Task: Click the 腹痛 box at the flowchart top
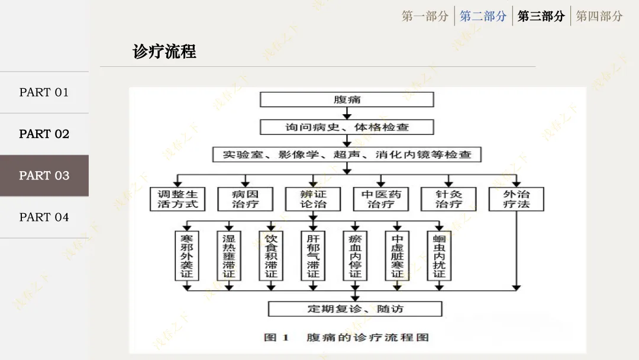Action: [x=347, y=99]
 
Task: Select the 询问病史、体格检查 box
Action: [x=347, y=127]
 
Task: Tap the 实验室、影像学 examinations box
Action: [x=347, y=155]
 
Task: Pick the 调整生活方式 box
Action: [x=177, y=199]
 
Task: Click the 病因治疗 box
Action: [x=246, y=199]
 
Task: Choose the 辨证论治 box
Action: [x=313, y=199]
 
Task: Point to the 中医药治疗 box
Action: [x=381, y=199]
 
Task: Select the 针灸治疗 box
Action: [x=448, y=199]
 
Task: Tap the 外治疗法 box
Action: [x=516, y=199]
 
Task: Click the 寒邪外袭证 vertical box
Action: [x=187, y=256]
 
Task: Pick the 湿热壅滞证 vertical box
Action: [x=229, y=256]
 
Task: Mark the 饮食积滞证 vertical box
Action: [x=271, y=256]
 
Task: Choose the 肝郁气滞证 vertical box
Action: [x=313, y=256]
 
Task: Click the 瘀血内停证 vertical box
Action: [x=355, y=256]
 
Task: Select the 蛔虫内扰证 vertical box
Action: [x=439, y=256]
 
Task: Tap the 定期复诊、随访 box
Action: [x=355, y=308]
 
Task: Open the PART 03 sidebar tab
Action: [x=44, y=175]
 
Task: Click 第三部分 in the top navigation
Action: [x=541, y=16]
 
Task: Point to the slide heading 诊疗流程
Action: [x=164, y=52]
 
